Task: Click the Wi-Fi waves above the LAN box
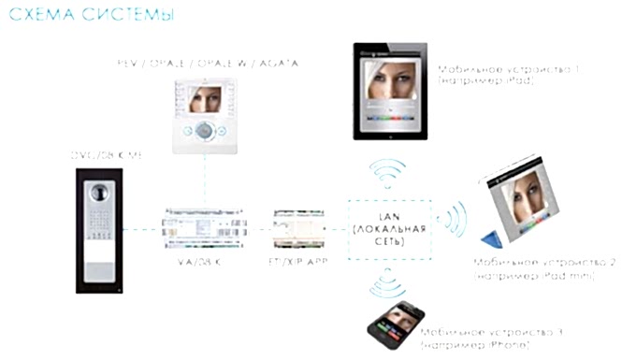[389, 173]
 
